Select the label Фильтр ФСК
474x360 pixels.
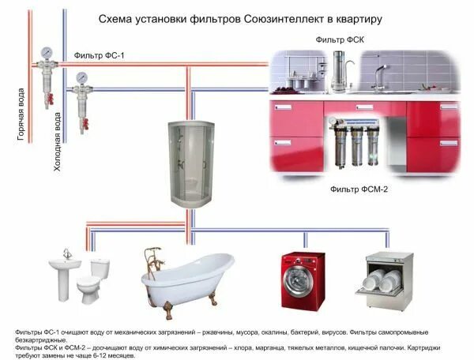click(x=339, y=39)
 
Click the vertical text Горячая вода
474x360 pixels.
click(x=21, y=114)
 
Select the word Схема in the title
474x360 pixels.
click(x=112, y=17)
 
